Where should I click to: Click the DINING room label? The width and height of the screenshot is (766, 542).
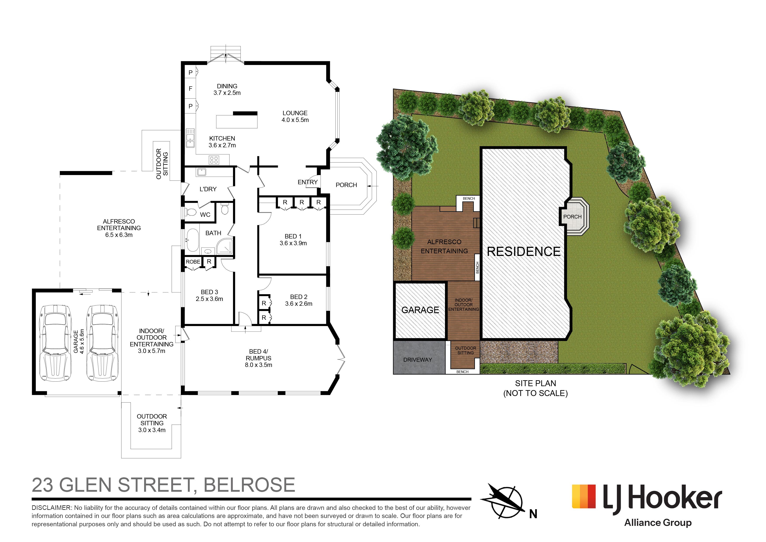click(227, 86)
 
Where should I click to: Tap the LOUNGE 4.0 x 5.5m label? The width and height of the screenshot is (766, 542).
click(295, 116)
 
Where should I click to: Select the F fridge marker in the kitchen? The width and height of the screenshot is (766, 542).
click(190, 89)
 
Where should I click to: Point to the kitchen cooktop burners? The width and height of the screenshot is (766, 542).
click(214, 160)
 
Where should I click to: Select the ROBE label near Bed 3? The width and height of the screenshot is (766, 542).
click(193, 262)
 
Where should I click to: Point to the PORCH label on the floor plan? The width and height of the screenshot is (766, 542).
click(346, 185)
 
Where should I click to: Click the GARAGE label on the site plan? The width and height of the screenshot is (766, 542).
click(420, 310)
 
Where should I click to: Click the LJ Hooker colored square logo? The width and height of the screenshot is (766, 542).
click(584, 497)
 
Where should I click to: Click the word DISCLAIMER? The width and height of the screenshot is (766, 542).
click(52, 508)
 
